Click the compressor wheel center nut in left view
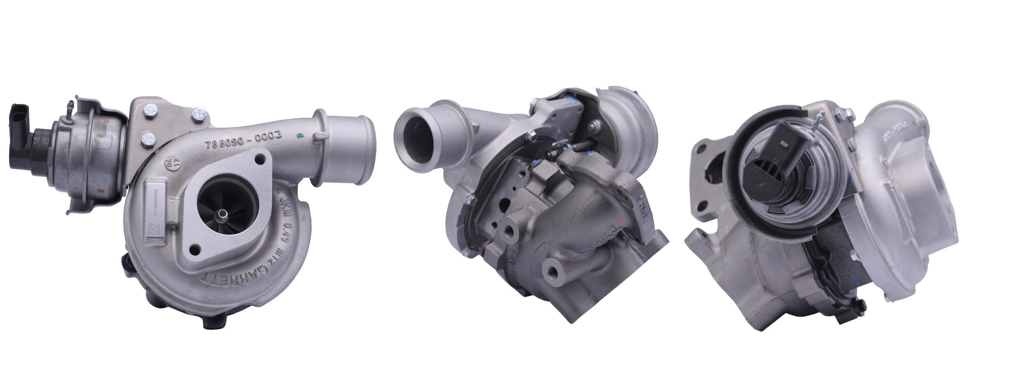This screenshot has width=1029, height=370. pos(223,213)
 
